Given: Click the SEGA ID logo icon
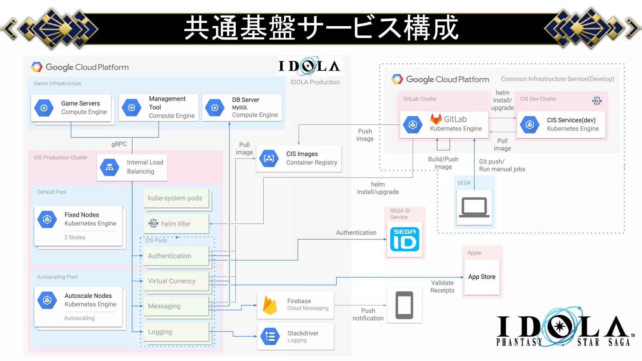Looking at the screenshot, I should click(x=404, y=239).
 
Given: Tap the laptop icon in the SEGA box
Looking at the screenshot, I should click(x=474, y=207).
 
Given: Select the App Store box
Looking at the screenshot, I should click(x=481, y=277).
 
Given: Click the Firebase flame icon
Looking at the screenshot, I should click(x=270, y=306).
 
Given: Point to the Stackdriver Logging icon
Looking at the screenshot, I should click(x=270, y=337).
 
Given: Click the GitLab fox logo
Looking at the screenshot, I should click(x=436, y=119).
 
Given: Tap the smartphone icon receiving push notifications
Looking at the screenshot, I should click(x=404, y=305).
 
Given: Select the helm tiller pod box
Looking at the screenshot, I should click(x=176, y=224).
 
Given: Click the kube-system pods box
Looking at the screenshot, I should click(x=176, y=198).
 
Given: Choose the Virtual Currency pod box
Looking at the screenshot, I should click(x=176, y=281).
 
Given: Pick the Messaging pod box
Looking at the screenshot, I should click(x=176, y=306).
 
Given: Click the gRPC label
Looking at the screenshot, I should click(x=119, y=144).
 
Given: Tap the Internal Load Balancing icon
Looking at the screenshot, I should click(x=109, y=167).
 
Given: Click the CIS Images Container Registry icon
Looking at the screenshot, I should click(x=269, y=159).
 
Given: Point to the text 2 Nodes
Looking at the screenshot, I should click(x=75, y=237).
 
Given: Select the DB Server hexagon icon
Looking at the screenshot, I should click(x=215, y=108).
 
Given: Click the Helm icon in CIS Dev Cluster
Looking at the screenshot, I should click(x=597, y=101).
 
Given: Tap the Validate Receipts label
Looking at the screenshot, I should click(x=442, y=286).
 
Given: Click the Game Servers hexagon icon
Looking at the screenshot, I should click(x=44, y=108).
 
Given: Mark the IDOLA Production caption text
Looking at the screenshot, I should click(x=315, y=82).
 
